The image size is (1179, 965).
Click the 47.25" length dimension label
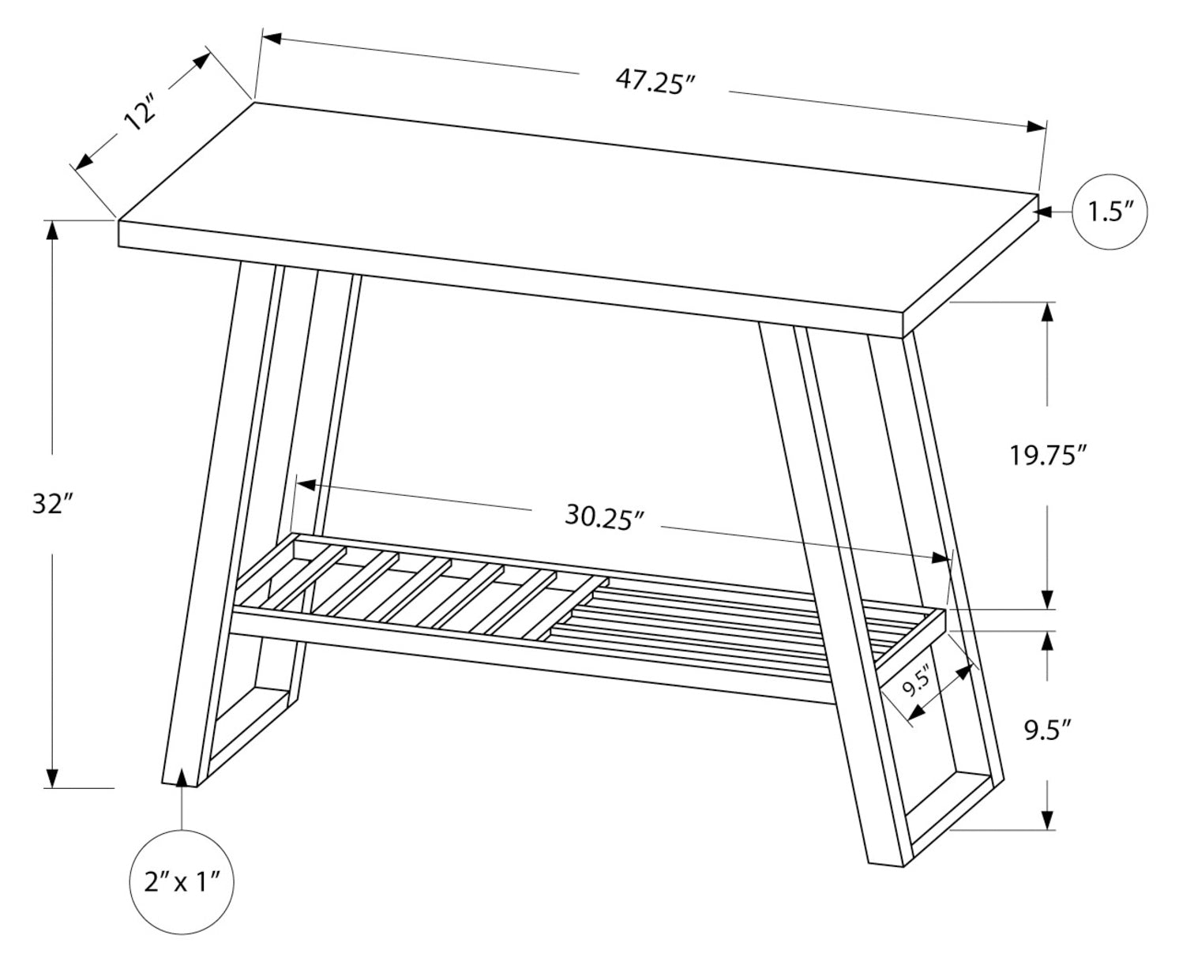tap(655, 81)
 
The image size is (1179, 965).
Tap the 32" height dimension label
tap(53, 505)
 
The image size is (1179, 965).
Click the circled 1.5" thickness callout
tap(1110, 212)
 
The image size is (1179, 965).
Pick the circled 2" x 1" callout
tap(181, 882)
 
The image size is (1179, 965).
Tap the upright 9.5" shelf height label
tap(1047, 730)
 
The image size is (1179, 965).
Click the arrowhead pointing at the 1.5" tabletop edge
tap(1042, 212)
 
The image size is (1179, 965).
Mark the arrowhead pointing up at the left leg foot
tap(181, 778)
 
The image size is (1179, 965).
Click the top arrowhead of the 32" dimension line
tap(52, 231)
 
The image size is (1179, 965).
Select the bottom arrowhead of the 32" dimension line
tap(52, 779)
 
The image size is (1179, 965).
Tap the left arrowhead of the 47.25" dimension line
tap(272, 39)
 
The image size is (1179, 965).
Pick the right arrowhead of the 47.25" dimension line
tap(1036, 127)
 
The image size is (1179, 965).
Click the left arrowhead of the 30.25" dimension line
tap(306, 485)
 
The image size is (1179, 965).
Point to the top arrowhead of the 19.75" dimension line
tap(1047, 311)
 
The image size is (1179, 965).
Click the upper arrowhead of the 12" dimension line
tap(202, 59)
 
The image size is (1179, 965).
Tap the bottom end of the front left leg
tap(179, 784)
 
